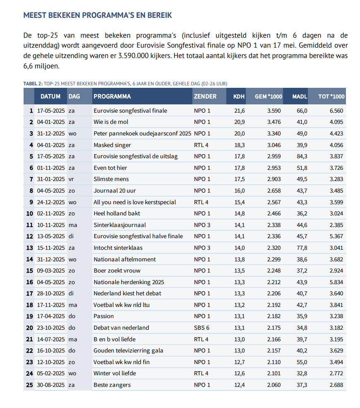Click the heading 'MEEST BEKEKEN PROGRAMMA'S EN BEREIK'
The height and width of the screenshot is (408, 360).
click(97, 15)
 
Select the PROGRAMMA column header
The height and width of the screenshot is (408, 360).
click(112, 97)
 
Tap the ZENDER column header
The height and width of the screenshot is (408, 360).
click(205, 97)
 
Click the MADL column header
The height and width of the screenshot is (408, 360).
click(300, 97)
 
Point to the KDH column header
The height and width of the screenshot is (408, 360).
click(239, 97)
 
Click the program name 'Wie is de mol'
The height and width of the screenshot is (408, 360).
click(111, 122)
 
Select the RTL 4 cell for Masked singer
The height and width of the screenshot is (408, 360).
click(202, 145)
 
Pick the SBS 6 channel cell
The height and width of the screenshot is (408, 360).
click(202, 328)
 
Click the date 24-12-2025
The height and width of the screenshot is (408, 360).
click(51, 202)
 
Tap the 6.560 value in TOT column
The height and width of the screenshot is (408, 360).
click(336, 111)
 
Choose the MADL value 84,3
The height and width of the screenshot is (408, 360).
click(300, 156)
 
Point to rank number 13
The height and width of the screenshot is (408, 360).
click(29, 248)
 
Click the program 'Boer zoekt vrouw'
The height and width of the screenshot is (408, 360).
click(117, 270)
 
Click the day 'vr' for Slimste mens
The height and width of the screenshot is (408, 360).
click(72, 179)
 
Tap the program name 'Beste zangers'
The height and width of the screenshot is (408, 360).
click(112, 385)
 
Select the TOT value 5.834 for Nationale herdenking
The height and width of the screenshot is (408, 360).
click(336, 282)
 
